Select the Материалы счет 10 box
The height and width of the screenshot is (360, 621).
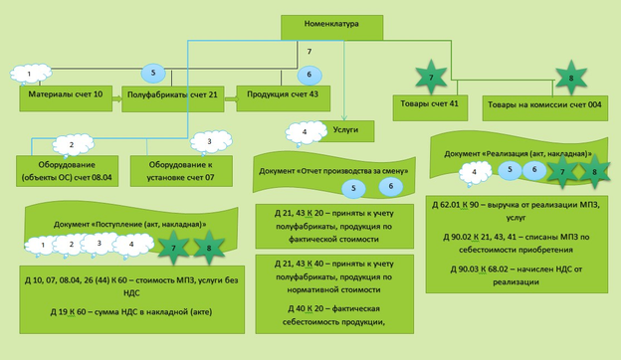(62, 97)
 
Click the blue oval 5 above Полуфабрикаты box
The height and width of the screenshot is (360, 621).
(152, 73)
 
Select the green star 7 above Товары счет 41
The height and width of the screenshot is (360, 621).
(431, 78)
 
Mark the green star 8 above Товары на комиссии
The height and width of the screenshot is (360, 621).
(569, 78)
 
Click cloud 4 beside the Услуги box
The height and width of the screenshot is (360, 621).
(304, 132)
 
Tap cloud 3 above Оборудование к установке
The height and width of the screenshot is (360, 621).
(208, 142)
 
